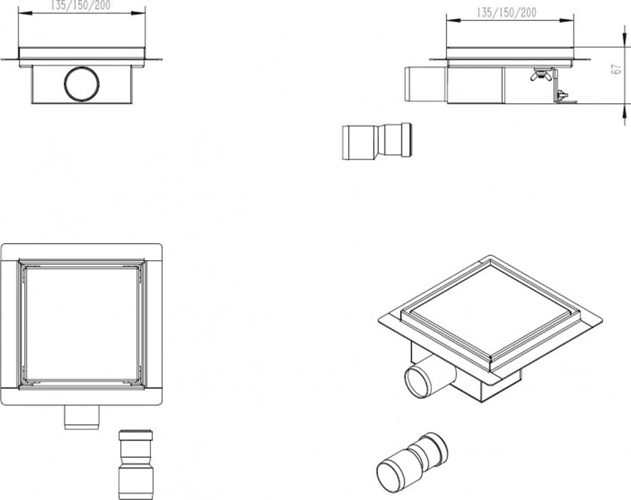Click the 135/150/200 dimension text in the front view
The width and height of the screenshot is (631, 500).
pos(81,5)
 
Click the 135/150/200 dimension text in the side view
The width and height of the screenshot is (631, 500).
pos(506,12)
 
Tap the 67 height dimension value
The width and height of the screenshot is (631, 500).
pos(615,69)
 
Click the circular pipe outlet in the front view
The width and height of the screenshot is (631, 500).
pos(81,83)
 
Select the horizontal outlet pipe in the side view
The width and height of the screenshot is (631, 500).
pos(425,84)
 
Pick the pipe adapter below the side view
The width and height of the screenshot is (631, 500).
pos(377,141)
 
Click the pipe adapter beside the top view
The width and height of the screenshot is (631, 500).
pos(136,465)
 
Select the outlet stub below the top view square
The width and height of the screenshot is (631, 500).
pos(81,417)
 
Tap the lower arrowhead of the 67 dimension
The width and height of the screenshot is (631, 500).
pos(624,110)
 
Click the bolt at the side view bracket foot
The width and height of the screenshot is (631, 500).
pos(561,96)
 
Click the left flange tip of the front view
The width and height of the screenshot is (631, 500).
pos(1,60)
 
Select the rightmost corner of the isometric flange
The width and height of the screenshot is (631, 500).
pos(601,321)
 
